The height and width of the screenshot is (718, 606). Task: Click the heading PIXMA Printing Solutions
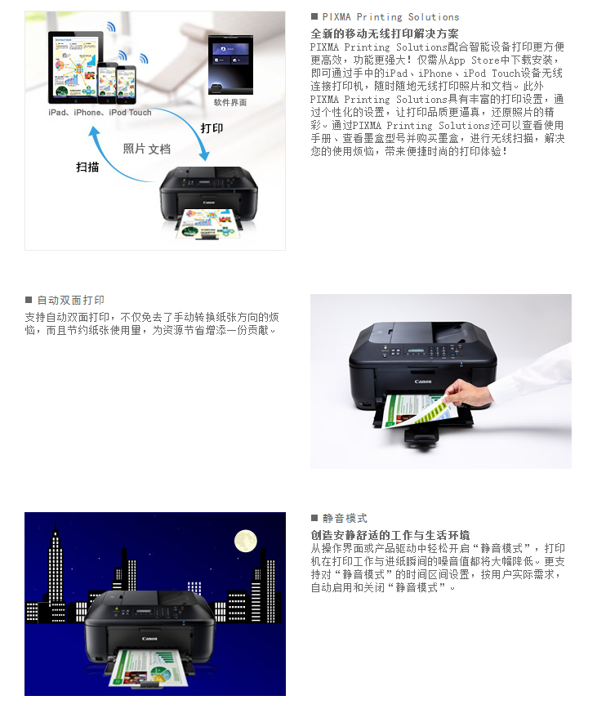click(390, 17)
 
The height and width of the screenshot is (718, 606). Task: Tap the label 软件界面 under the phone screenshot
click(230, 102)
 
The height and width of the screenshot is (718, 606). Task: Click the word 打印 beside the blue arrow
click(212, 128)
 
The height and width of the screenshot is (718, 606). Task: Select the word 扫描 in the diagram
click(87, 167)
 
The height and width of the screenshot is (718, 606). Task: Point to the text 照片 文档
click(147, 149)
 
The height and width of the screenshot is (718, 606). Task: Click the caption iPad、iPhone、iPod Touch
click(100, 112)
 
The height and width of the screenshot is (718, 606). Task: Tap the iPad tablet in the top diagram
click(75, 67)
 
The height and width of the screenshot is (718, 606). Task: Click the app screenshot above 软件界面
click(230, 65)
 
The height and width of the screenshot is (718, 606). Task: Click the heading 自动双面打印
click(70, 301)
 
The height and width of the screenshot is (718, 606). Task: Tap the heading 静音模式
click(345, 519)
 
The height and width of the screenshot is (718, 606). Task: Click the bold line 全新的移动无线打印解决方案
click(385, 33)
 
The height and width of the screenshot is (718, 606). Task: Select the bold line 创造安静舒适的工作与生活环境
click(390, 535)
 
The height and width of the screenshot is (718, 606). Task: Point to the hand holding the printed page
click(467, 394)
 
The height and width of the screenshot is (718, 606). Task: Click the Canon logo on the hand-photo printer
click(423, 381)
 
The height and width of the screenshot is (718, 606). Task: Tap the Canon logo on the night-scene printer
click(149, 638)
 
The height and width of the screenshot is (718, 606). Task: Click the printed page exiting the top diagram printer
click(208, 224)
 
